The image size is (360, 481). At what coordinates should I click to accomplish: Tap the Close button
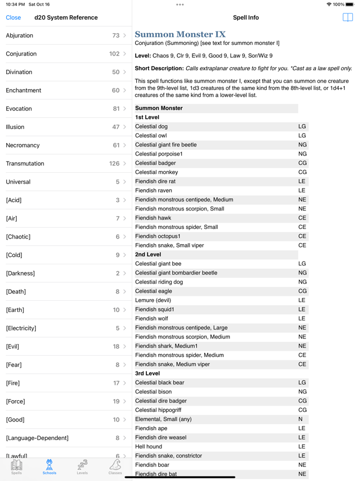pos(13,17)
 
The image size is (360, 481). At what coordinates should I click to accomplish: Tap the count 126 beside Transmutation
pos(114,163)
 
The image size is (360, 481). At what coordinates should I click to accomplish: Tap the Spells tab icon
pos(17,466)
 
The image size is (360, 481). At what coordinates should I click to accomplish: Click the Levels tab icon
pos(82,466)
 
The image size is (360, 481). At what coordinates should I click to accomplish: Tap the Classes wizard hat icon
pos(115,465)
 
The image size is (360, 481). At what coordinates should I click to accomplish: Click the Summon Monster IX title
pos(180,34)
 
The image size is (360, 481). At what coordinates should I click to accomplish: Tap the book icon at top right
pos(348,17)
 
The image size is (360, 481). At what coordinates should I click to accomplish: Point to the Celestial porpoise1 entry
pos(159,154)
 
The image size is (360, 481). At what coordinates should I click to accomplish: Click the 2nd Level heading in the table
pos(148,254)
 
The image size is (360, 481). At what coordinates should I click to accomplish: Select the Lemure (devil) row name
pos(153,300)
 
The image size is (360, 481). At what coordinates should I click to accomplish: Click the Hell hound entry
pos(149,447)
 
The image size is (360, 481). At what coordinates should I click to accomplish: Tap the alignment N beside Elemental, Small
pos(301,419)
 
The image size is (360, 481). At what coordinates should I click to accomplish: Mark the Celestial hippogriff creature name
pos(158,410)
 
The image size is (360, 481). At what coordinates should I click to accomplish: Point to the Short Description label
pos(159,68)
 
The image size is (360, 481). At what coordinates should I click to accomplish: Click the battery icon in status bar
pos(350,4)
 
